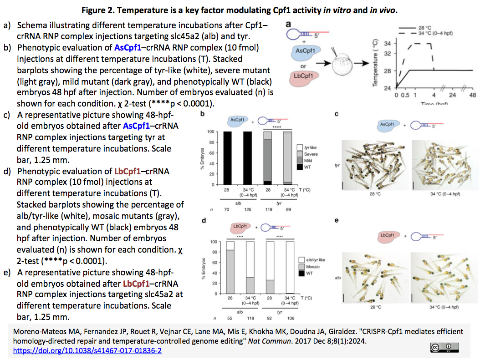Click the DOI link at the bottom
click(87, 351)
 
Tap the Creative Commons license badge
click(443, 348)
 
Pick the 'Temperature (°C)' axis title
click(375, 63)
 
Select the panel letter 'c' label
click(336, 114)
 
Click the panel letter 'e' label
click(336, 221)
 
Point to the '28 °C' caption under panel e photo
click(376, 308)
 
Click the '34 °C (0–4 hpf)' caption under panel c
click(445, 194)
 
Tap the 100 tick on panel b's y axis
click(211, 132)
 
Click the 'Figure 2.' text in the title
click(99, 10)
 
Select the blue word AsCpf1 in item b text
click(128, 47)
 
